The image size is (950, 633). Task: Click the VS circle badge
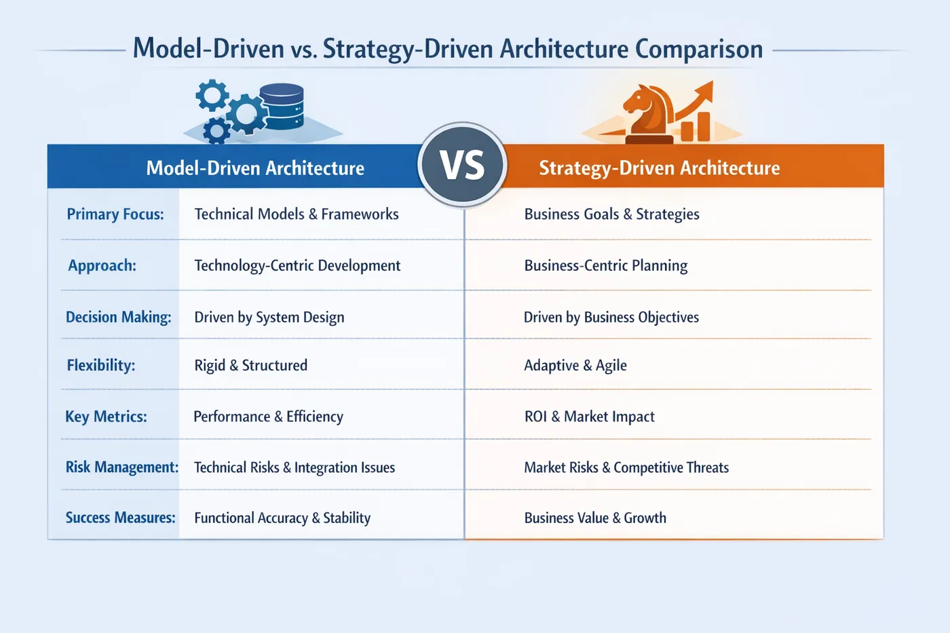pyautogui.click(x=462, y=164)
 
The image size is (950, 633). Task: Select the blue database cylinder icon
pyautogui.click(x=282, y=106)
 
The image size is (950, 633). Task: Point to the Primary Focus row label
pyautogui.click(x=115, y=214)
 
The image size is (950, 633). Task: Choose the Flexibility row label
pyautogui.click(x=101, y=365)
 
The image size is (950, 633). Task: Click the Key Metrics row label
pyautogui.click(x=106, y=417)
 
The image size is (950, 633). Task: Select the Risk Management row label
pyautogui.click(x=122, y=467)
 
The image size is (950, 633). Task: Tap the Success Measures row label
pyautogui.click(x=121, y=517)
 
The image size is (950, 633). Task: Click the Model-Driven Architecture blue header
pyautogui.click(x=255, y=168)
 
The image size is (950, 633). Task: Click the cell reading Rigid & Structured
pyautogui.click(x=250, y=365)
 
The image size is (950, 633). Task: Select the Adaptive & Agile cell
pyautogui.click(x=575, y=365)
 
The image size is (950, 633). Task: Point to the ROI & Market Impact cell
pyautogui.click(x=590, y=417)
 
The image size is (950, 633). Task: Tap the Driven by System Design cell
pyautogui.click(x=269, y=317)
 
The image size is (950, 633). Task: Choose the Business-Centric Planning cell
pyautogui.click(x=606, y=265)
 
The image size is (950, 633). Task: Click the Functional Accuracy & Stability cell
pyautogui.click(x=282, y=518)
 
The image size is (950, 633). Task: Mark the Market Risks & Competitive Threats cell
pyautogui.click(x=626, y=467)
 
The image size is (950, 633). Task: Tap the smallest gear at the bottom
pyautogui.click(x=216, y=131)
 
